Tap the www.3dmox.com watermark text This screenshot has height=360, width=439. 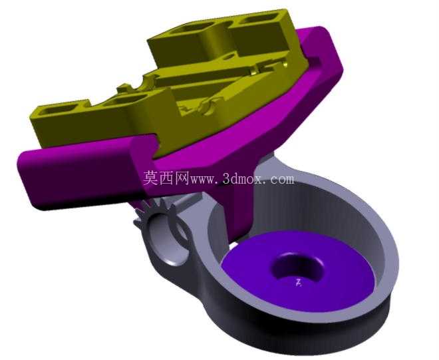(243, 179)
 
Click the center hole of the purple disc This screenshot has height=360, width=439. (297, 267)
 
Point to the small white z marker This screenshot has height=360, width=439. (299, 283)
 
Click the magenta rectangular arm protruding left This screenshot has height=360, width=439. (81, 174)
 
